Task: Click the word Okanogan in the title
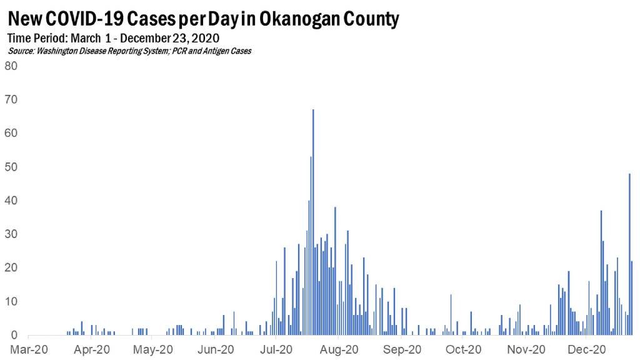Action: tap(301, 19)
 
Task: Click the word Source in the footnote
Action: tap(22, 51)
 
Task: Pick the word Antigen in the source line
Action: tap(217, 51)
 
